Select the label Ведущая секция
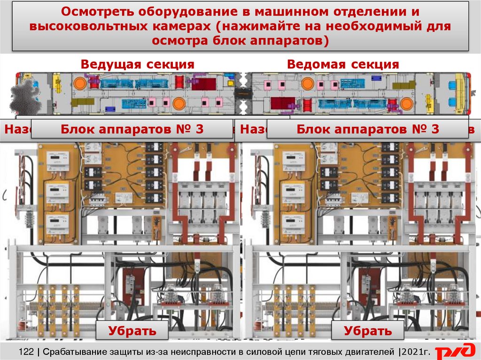click(x=137, y=64)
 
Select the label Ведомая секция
click(x=343, y=64)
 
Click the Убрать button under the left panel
click(x=132, y=330)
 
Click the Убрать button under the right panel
click(x=368, y=330)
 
